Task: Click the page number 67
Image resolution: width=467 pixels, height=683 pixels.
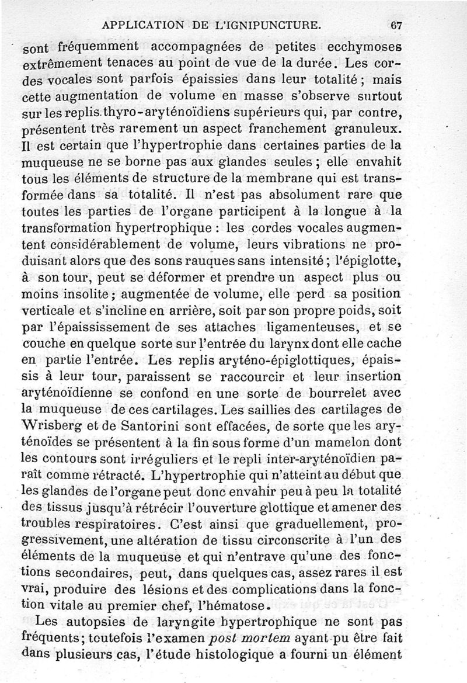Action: tap(396, 25)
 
